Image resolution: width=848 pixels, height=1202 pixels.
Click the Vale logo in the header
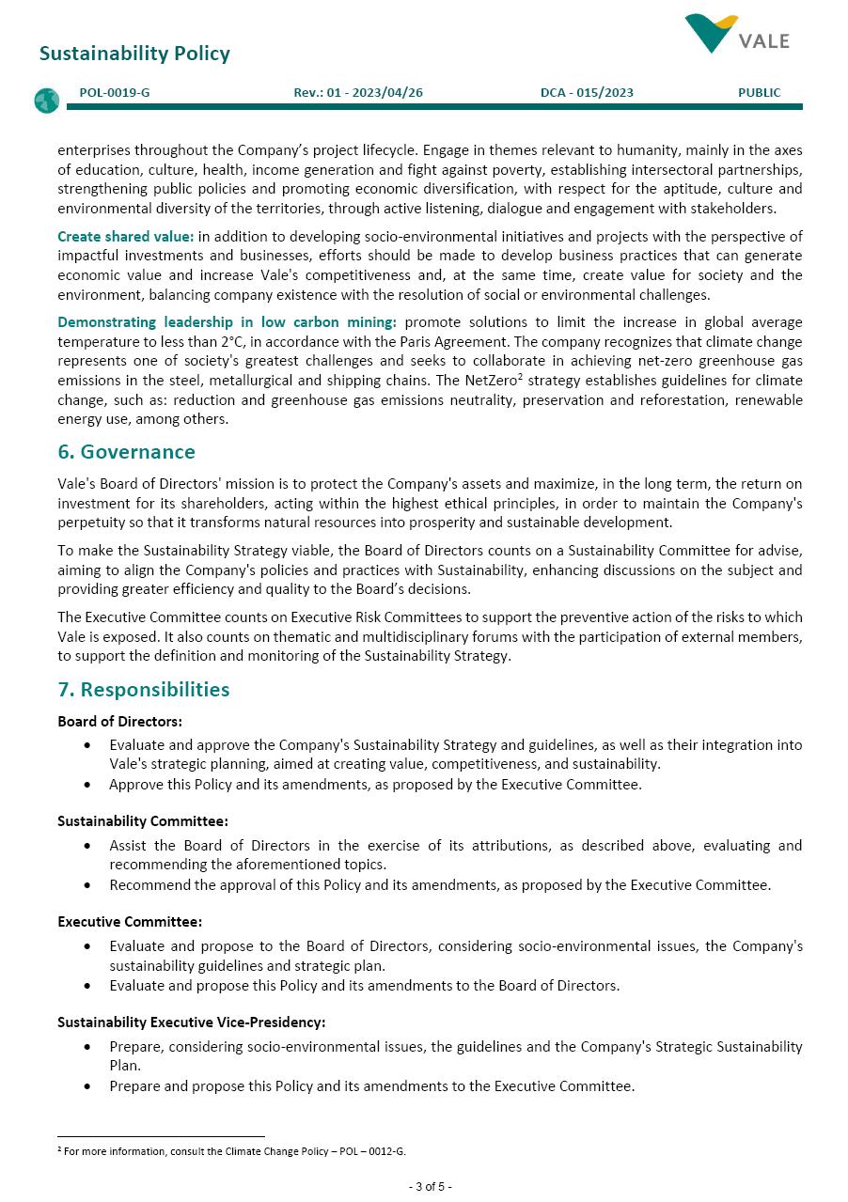point(737,36)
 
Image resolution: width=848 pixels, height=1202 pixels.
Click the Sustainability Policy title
point(134,54)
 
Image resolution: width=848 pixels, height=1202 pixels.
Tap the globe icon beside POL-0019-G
point(46,101)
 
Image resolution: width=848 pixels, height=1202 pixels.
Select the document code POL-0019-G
point(115,92)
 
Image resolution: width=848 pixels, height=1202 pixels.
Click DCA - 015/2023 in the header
point(587,92)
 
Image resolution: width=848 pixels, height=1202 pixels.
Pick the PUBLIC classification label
point(759,92)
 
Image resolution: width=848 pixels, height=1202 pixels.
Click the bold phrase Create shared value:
point(126,236)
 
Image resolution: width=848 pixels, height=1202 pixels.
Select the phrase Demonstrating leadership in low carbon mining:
point(227,322)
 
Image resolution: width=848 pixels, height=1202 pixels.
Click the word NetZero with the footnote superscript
point(491,381)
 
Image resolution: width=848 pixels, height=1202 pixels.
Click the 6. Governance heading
point(126,452)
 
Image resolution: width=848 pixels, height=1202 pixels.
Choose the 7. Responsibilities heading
point(144,690)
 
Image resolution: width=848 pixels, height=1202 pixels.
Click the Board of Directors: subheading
point(119,722)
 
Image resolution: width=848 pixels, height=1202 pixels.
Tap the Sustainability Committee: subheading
point(142,821)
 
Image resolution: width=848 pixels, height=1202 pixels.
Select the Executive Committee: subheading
point(130,922)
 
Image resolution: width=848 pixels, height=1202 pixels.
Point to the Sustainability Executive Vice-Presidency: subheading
point(191,1022)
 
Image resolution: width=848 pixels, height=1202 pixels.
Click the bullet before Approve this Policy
point(87,785)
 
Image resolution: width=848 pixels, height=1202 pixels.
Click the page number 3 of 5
point(430,1187)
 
